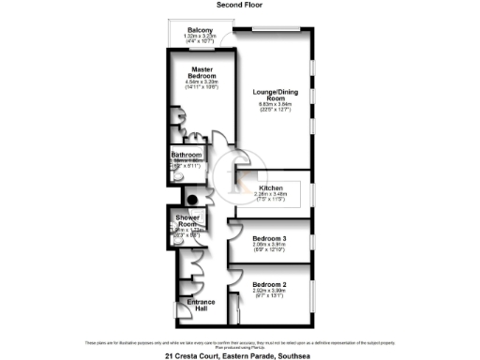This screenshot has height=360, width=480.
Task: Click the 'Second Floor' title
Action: pos(239,5)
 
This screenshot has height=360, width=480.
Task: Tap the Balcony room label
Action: pos(198,31)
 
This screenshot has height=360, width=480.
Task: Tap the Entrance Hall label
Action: pos(202,307)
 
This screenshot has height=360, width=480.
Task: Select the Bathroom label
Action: pos(186,155)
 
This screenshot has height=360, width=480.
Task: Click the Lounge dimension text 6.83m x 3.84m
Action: pos(273,105)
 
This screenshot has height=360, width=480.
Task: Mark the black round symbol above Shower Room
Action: pos(190,199)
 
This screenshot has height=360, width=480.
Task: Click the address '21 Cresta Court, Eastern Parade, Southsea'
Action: pos(239,354)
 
